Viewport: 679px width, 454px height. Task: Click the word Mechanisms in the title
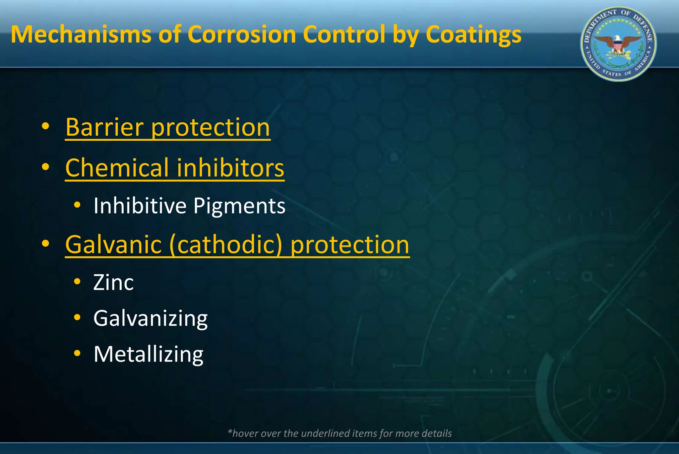point(81,34)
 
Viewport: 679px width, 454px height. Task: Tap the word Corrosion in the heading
point(242,34)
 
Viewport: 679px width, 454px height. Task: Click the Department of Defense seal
point(618,44)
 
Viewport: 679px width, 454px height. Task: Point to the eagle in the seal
point(618,44)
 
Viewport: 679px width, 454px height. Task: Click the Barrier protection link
point(168,127)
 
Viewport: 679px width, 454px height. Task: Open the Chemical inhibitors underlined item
point(175,168)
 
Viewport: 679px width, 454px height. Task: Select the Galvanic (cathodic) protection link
point(237,245)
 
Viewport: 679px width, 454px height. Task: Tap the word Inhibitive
point(140,206)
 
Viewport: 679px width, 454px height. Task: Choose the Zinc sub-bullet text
point(113,283)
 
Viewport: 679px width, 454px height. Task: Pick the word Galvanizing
point(151,319)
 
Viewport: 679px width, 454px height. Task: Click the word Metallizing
point(149,355)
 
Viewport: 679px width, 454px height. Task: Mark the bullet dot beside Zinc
point(77,282)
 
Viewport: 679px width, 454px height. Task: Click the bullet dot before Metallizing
point(77,353)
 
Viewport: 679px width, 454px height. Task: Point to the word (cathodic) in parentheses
point(226,245)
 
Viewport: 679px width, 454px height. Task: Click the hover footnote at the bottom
point(339,433)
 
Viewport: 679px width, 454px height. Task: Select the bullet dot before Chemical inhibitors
point(45,167)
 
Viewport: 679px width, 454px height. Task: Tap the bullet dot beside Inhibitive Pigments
point(77,205)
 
